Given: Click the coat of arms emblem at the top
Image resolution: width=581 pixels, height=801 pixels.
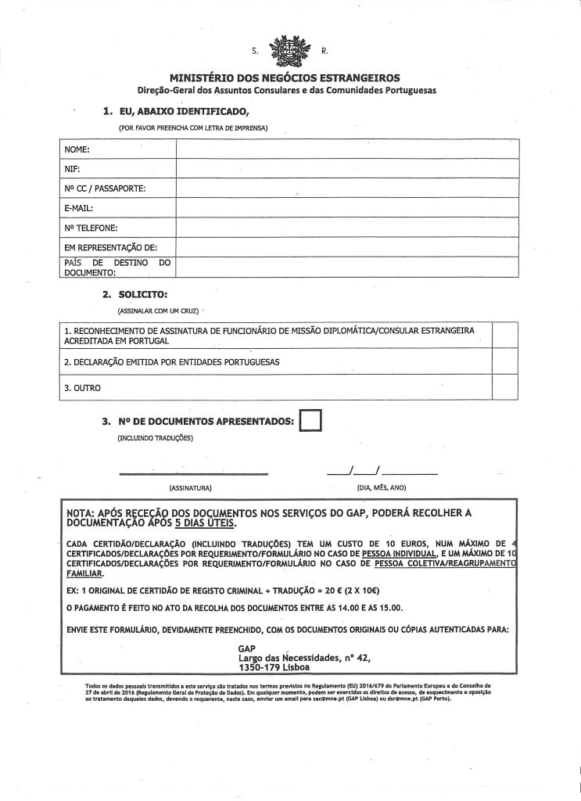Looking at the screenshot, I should click(289, 52).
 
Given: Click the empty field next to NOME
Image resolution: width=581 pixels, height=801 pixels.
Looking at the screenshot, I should click(346, 148).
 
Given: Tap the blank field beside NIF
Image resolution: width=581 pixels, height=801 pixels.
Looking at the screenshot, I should click(346, 168).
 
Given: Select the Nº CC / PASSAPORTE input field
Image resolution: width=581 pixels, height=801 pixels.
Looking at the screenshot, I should click(346, 188).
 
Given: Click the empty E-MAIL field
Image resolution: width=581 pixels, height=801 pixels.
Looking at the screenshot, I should click(346, 208).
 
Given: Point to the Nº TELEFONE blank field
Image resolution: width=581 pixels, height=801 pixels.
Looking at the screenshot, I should click(346, 228).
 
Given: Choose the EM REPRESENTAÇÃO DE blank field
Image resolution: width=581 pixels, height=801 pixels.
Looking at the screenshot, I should click(346, 247).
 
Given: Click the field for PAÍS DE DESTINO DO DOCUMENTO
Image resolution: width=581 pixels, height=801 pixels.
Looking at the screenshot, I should click(346, 267).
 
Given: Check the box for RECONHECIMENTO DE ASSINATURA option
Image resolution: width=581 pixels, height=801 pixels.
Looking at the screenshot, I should click(505, 336).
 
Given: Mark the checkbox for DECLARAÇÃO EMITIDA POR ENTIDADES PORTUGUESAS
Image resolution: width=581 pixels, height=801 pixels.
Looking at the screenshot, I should click(505, 362).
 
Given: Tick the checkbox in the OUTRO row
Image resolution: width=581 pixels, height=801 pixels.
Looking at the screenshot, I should click(505, 387).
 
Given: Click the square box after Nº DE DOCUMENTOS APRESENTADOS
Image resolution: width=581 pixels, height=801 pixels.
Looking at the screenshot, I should click(310, 420).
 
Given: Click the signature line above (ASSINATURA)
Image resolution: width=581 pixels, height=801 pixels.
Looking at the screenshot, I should click(193, 472).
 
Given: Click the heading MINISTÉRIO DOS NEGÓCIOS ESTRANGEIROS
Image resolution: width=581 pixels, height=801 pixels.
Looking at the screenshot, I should click(289, 77).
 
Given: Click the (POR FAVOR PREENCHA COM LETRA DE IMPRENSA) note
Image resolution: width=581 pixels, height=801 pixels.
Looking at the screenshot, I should click(193, 126).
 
